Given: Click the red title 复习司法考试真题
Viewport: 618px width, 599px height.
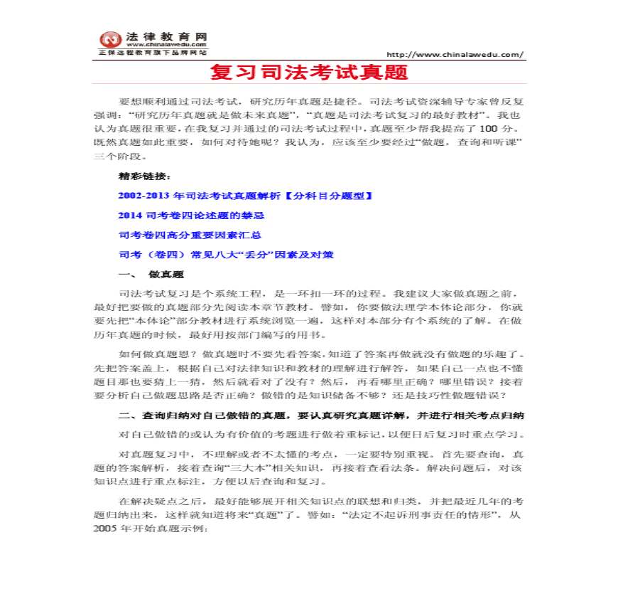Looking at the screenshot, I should (309, 73).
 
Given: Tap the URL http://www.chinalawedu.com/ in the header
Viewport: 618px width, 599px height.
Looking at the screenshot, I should (455, 54).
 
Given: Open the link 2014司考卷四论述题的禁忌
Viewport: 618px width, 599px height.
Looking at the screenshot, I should (191, 215).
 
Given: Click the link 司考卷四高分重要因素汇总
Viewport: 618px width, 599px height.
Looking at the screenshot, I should (188, 235).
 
